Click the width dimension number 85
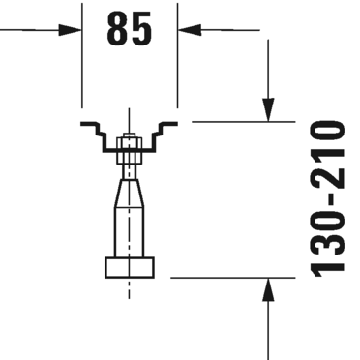click(x=129, y=28)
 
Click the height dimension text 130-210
click(x=328, y=199)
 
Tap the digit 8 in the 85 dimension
click(x=117, y=28)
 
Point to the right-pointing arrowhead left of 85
click(x=71, y=30)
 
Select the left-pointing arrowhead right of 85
click(x=190, y=30)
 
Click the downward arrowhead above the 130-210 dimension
click(x=268, y=109)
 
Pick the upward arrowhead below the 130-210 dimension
click(x=268, y=289)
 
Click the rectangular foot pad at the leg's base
click(x=130, y=267)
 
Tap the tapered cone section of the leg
click(x=130, y=193)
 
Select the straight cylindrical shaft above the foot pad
click(x=130, y=232)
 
